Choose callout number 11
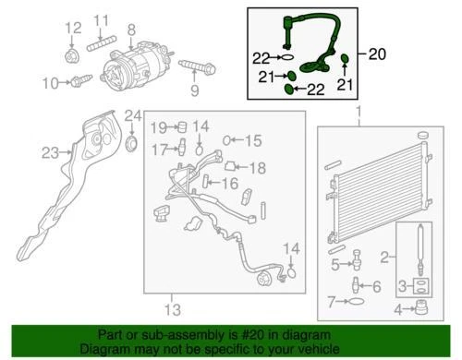[x=101, y=19]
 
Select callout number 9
[x=194, y=90]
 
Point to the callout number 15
[x=253, y=140]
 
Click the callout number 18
[x=258, y=167]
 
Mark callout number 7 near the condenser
[x=330, y=302]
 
